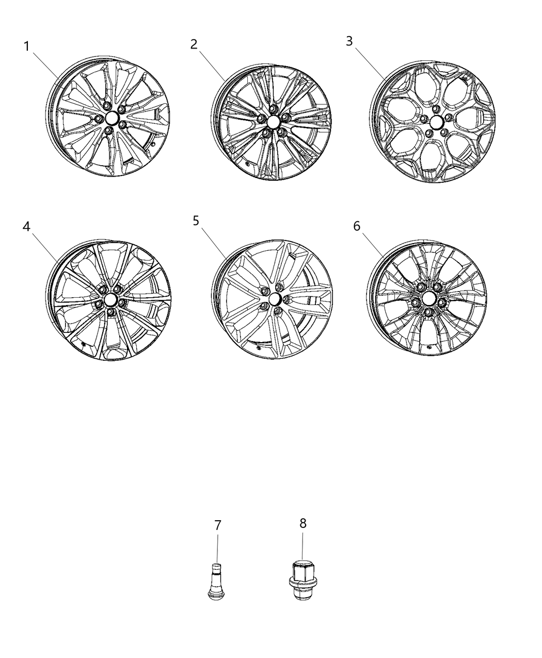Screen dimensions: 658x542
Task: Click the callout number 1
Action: pyautogui.click(x=27, y=46)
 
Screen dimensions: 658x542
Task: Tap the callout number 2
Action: pyautogui.click(x=194, y=44)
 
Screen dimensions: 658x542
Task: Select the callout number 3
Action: pyautogui.click(x=349, y=41)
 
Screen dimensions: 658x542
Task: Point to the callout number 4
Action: pyautogui.click(x=27, y=227)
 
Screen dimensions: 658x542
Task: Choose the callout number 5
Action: pyautogui.click(x=196, y=221)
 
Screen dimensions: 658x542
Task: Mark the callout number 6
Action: pyautogui.click(x=357, y=227)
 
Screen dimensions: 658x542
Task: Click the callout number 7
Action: pyautogui.click(x=218, y=525)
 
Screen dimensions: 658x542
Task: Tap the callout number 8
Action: pyautogui.click(x=303, y=523)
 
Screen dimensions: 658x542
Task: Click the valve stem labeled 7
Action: pyautogui.click(x=217, y=584)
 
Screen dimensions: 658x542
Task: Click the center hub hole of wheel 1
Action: pyautogui.click(x=111, y=119)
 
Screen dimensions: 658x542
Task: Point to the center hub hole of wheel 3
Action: pyautogui.click(x=436, y=122)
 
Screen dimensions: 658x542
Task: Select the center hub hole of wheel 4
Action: pyautogui.click(x=110, y=300)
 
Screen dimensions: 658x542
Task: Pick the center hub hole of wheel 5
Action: pyautogui.click(x=274, y=299)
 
